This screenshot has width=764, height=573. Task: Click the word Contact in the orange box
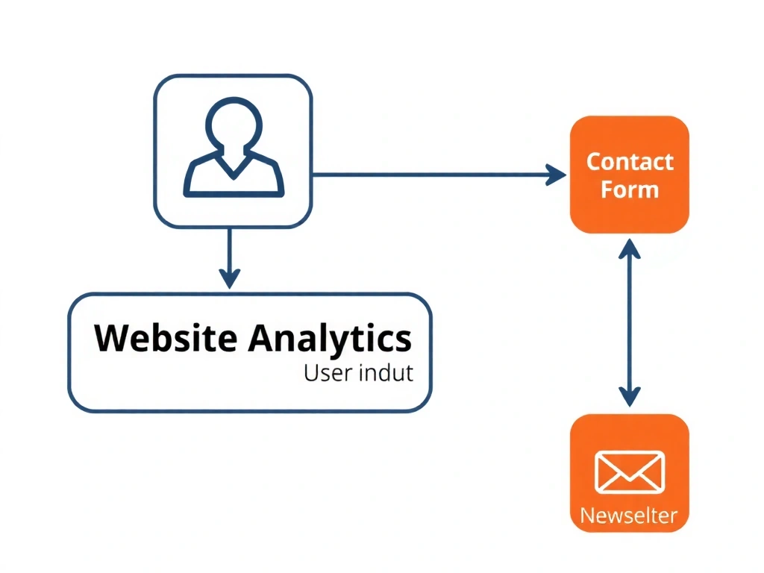[630, 162]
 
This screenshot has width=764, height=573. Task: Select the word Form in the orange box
[630, 190]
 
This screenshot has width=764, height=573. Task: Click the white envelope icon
[630, 472]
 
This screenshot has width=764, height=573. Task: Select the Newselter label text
[629, 515]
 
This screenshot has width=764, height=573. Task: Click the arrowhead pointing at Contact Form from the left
[557, 175]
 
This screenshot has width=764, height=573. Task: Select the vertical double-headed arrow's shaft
[630, 321]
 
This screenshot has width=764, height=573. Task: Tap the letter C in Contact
[594, 162]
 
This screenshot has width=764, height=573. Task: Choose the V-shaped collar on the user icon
[234, 166]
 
